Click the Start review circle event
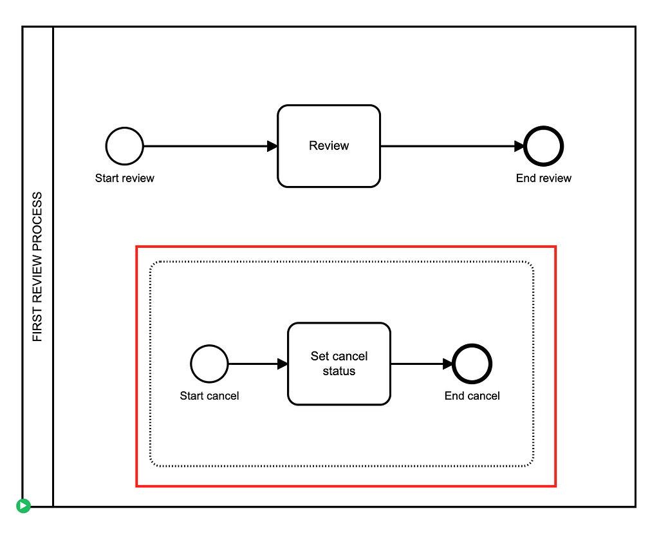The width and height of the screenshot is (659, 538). [x=124, y=146]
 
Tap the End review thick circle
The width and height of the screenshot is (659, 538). [x=544, y=146]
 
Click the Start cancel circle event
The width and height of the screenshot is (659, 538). [x=209, y=364]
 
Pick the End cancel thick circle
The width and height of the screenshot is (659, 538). [x=472, y=364]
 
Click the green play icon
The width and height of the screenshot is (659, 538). [x=23, y=506]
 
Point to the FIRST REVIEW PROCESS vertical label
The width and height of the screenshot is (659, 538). [x=37, y=266]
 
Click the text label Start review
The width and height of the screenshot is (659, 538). [x=124, y=178]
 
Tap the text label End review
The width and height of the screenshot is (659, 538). [x=544, y=178]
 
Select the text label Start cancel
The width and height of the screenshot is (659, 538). [x=209, y=396]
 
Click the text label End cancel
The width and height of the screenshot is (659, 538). [x=472, y=396]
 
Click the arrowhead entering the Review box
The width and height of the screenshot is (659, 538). [x=272, y=146]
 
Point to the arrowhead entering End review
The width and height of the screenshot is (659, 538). [x=519, y=146]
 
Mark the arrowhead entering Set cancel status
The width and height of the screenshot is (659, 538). [x=283, y=364]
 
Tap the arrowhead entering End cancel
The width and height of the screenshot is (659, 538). [x=448, y=364]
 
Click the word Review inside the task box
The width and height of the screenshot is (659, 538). [x=329, y=146]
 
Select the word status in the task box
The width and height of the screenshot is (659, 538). [x=339, y=371]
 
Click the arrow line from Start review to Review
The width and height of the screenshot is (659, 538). [x=206, y=146]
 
